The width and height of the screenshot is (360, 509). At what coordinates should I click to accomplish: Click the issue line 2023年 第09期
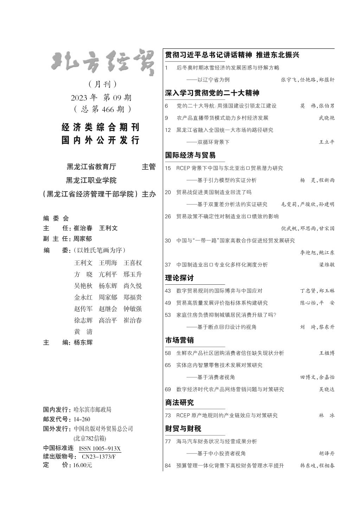(x=101, y=97)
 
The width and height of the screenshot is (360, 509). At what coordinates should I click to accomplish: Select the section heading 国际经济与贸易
(x=190, y=155)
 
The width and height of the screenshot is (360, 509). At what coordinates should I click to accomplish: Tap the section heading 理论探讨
(x=179, y=278)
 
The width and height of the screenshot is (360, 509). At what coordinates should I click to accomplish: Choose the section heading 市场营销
(x=179, y=340)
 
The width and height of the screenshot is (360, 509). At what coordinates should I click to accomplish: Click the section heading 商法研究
(x=179, y=402)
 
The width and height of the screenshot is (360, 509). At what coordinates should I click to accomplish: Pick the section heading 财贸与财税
(x=183, y=429)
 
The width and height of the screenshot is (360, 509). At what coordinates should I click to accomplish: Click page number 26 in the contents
(x=168, y=217)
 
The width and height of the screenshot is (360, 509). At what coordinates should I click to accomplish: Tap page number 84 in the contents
(x=168, y=466)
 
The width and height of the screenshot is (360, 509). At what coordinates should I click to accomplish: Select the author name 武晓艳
(x=327, y=118)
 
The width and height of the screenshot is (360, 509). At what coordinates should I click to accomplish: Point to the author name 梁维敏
(x=327, y=265)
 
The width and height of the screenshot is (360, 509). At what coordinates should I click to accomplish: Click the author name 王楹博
(x=327, y=353)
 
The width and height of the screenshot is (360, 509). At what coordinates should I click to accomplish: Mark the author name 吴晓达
(x=327, y=389)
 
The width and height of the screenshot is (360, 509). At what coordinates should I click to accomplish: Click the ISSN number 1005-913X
(x=100, y=449)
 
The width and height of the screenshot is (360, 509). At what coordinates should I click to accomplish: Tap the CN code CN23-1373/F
(x=99, y=457)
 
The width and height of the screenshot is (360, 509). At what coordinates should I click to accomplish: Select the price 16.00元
(x=83, y=465)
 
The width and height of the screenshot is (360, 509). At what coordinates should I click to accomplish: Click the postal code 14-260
(x=82, y=419)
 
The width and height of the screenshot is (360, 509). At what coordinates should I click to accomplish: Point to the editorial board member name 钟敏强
(x=133, y=309)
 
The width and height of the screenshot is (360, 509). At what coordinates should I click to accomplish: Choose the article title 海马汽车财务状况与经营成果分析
(x=217, y=442)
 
